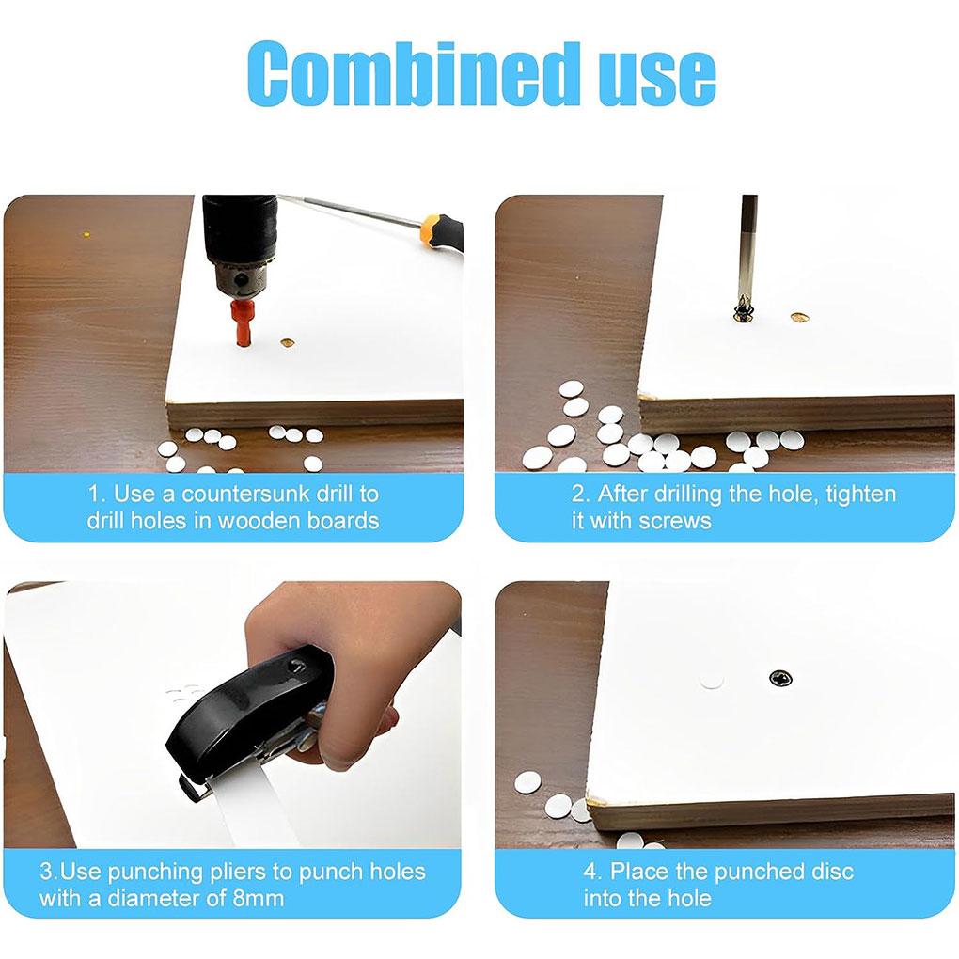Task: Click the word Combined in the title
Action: (x=414, y=73)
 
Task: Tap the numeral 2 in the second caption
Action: (x=578, y=494)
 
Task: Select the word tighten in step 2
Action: (x=860, y=495)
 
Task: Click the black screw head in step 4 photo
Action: (x=781, y=679)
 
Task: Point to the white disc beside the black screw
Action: (x=712, y=680)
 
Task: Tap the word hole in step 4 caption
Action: (x=687, y=899)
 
